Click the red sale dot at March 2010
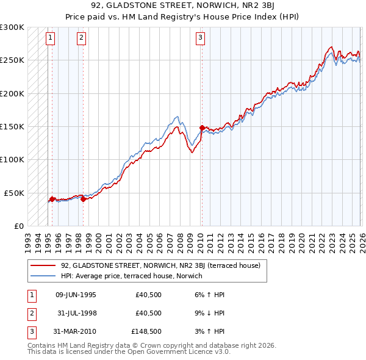point(202,128)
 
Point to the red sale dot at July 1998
point(83,198)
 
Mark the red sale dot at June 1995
point(52,198)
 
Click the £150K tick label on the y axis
point(12,127)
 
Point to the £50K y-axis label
point(14,193)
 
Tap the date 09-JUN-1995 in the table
point(76,295)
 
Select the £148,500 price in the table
point(146,333)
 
